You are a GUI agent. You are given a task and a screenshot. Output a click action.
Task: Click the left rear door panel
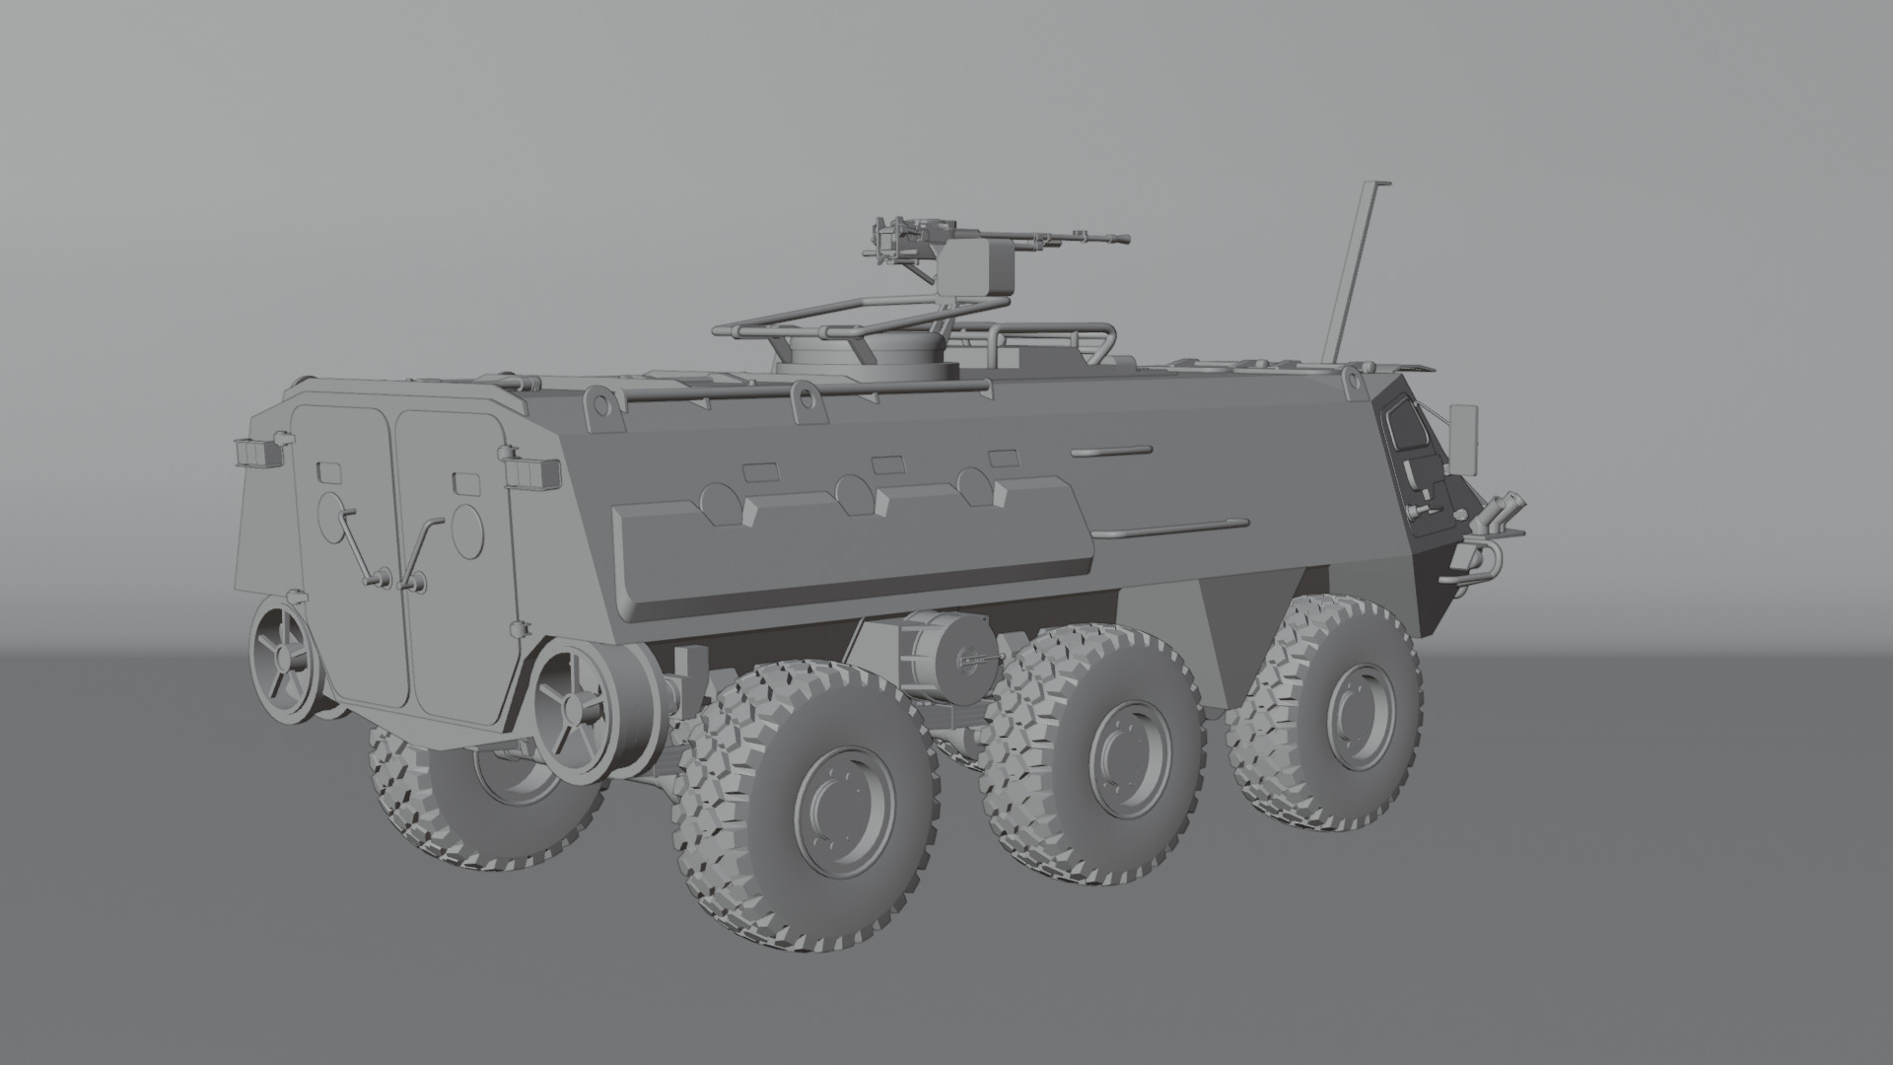click(343, 552)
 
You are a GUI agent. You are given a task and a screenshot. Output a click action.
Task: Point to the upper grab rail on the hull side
click(1112, 452)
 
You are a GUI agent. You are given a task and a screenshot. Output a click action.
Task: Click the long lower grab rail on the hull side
click(1173, 530)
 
